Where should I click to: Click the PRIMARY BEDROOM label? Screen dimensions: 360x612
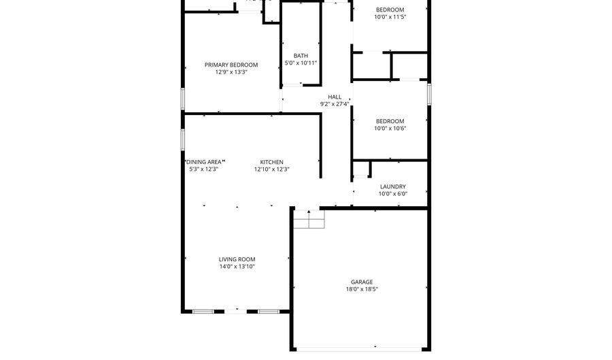(231, 65)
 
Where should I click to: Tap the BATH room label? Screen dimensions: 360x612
(301, 56)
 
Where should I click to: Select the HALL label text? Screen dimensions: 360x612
(335, 97)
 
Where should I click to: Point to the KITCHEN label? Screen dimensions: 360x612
(272, 162)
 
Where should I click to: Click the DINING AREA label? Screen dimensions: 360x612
(204, 162)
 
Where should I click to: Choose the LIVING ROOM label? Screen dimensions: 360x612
(237, 259)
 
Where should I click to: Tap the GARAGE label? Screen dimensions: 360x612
(362, 282)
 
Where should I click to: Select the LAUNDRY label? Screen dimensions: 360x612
(393, 186)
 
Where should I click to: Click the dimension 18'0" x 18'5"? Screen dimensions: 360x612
(362, 289)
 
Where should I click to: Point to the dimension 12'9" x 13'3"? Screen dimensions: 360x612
(231, 71)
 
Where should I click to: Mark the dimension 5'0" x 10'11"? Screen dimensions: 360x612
(301, 63)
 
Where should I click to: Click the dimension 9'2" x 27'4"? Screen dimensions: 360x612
(335, 104)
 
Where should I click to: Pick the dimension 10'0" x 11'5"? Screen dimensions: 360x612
(390, 17)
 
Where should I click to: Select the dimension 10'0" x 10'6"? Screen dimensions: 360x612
(390, 129)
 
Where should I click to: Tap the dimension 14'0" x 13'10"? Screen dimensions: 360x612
(237, 267)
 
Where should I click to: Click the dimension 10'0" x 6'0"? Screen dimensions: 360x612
(393, 194)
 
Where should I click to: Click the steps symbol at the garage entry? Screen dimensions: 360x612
(309, 220)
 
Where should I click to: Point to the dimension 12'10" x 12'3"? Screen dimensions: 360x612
(272, 169)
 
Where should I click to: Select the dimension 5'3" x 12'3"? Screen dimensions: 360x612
(203, 169)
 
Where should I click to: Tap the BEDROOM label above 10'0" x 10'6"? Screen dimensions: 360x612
(390, 121)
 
